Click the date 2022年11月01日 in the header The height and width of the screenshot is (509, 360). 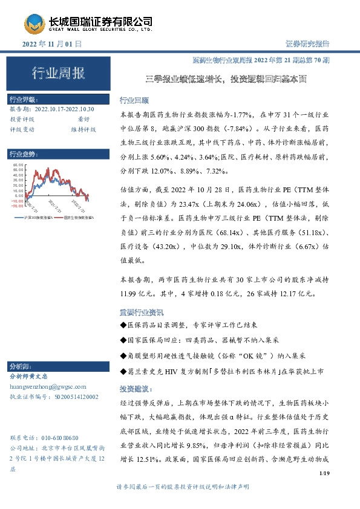point(51,45)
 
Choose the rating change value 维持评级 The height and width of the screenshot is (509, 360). point(83,129)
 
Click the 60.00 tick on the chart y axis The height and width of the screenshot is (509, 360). point(18,164)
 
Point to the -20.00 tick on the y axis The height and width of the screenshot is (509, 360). point(18,207)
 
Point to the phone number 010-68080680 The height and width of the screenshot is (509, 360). point(52,437)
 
